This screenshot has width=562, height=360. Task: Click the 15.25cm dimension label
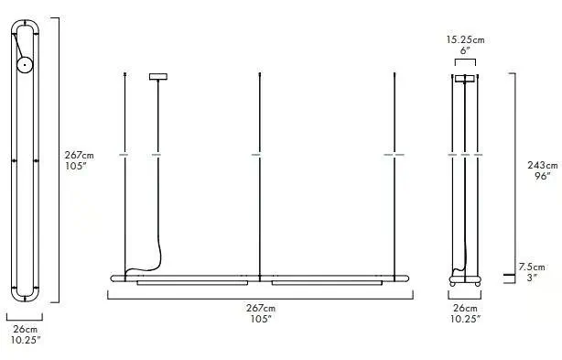point(465,39)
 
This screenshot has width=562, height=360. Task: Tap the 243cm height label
point(542,165)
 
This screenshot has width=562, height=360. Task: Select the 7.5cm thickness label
point(532,267)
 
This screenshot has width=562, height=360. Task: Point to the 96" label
point(542,176)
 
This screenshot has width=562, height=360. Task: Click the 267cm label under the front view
point(261,308)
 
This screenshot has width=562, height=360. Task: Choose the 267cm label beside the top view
point(80,155)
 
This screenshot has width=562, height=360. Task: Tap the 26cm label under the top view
point(25,329)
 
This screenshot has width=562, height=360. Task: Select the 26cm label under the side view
point(465,308)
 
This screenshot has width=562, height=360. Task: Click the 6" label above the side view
point(465,50)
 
